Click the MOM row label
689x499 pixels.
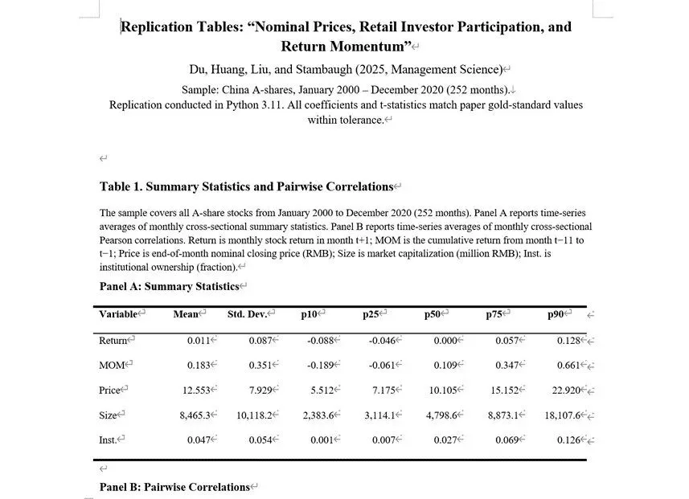click(x=112, y=366)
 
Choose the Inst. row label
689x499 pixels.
click(x=111, y=440)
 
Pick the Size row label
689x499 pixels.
click(x=110, y=415)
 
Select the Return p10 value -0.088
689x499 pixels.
click(x=321, y=341)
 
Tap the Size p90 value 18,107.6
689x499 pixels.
click(x=562, y=415)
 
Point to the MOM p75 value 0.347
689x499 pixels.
click(x=506, y=366)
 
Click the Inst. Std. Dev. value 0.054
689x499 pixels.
click(x=260, y=440)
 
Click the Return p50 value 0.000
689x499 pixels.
click(x=445, y=341)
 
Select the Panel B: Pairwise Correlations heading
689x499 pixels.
click(x=174, y=487)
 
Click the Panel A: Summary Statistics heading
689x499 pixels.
click(x=169, y=287)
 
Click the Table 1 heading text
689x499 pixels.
click(x=245, y=187)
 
